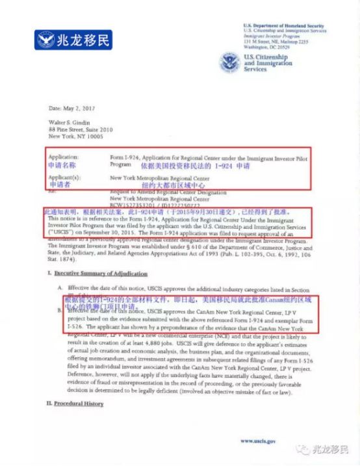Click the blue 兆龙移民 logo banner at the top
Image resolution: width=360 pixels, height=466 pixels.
73,40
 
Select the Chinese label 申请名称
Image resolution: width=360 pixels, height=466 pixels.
63,166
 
